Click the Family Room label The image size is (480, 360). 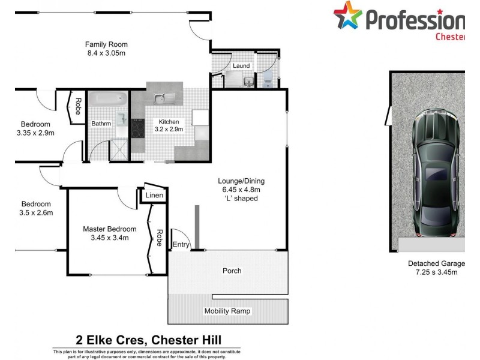pos(106,44)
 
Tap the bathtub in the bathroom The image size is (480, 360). pos(109,98)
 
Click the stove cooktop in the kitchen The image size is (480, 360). pos(137,127)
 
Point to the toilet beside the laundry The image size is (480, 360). pos(268,76)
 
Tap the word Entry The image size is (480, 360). pos(181,244)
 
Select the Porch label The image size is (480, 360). pos(232,271)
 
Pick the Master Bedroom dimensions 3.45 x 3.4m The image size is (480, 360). pos(109,238)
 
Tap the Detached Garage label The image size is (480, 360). pos(436,263)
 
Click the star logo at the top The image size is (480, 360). pos(345,16)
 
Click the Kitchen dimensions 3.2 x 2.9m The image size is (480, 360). pos(169,129)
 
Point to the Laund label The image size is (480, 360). pos(241,65)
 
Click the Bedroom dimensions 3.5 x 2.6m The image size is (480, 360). pos(37,212)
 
